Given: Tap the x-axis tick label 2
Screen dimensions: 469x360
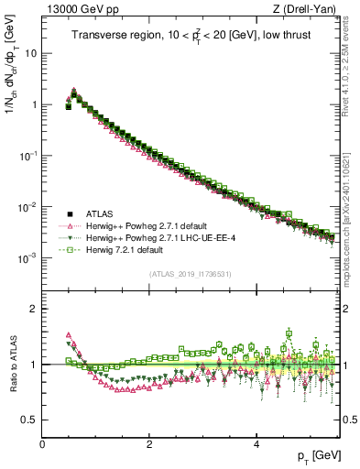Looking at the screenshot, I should point(149,442).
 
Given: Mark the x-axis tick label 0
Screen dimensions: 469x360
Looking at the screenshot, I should point(42,442).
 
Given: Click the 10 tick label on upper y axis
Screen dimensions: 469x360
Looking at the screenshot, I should point(30,53).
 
